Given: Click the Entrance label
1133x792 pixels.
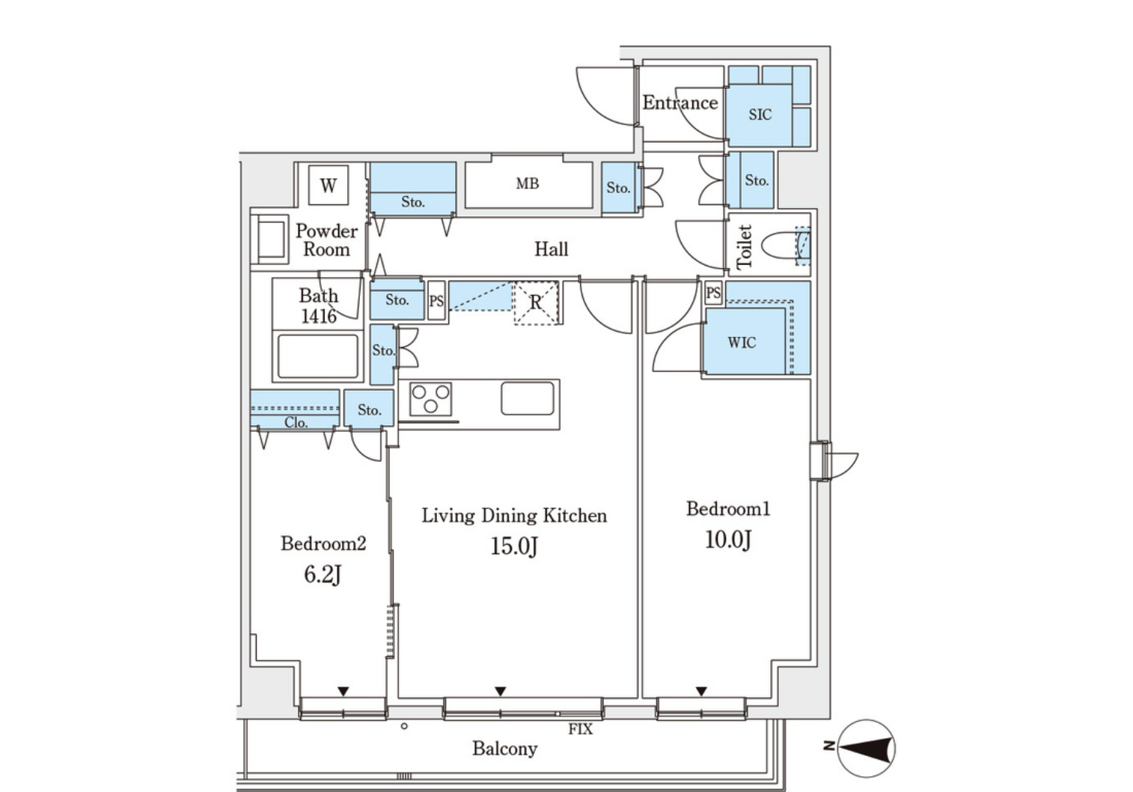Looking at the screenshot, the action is coord(680,103).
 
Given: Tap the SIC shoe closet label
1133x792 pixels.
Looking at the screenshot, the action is coord(760,115).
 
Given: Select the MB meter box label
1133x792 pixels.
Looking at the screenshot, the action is coord(528,183).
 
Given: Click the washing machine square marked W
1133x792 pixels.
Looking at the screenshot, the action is coord(329,185).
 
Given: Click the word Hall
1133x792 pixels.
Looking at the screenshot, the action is coord(552,249).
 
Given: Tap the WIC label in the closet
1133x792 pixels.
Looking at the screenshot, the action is coord(742,343).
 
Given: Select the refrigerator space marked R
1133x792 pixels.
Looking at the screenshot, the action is coord(536,302).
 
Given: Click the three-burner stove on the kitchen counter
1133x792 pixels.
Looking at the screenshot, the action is coord(430,399).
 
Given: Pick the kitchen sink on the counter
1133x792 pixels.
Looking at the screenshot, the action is coord(528,398).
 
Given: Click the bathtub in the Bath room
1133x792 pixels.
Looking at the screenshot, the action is coord(317,356).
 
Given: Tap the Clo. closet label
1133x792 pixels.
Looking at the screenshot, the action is coord(296,422).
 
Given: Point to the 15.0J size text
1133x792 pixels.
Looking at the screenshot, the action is coord(514,546).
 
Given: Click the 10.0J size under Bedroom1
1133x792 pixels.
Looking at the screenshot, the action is coord(728,540).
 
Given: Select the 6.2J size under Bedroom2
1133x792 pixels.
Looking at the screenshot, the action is coord(323,575).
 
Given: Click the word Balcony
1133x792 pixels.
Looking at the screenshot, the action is coord(505,749).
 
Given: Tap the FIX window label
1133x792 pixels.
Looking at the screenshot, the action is coord(580,729).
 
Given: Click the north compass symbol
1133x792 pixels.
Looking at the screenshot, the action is coord(866,749).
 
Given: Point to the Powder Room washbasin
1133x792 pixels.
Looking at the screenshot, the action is coord(271,240).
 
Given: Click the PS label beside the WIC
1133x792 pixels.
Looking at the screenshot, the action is coord(713,293).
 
